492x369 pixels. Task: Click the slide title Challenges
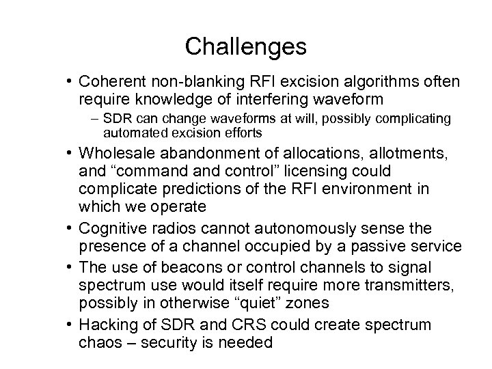pyautogui.click(x=245, y=46)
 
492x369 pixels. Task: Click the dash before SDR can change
pyautogui.click(x=114, y=119)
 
